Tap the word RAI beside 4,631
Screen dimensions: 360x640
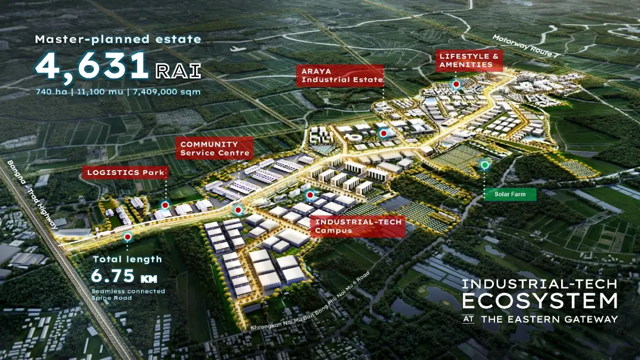point(178,70)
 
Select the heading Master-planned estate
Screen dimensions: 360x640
point(118,39)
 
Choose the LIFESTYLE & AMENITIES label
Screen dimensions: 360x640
point(469,60)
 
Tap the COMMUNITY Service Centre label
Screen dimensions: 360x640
point(214,148)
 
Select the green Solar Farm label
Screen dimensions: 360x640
point(510,194)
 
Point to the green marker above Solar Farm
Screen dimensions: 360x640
point(485,165)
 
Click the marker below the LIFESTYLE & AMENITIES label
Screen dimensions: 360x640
point(455,84)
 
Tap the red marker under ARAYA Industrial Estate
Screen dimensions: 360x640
point(383,133)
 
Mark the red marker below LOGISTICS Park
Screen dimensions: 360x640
point(165,205)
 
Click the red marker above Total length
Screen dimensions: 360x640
point(127,237)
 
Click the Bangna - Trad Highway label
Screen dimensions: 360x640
point(32,195)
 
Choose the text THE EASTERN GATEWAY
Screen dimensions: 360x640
point(549,319)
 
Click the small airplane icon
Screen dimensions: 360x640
point(236,49)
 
